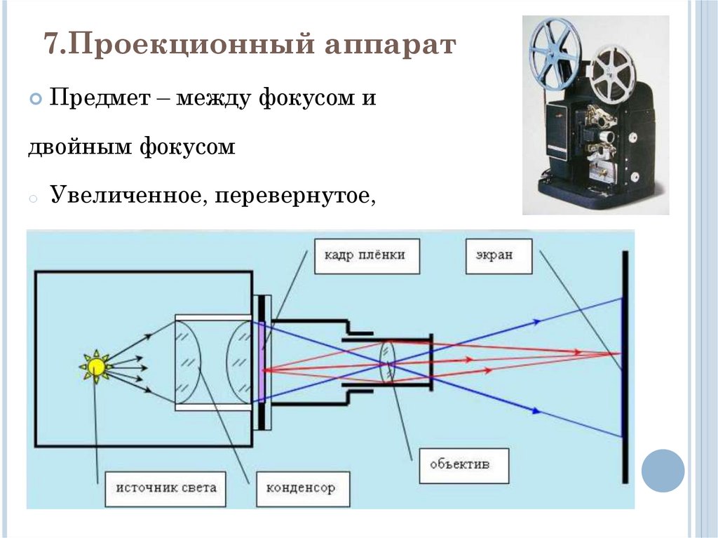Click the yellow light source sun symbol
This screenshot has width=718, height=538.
coord(95,365)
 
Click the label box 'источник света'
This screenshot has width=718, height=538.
coord(165,487)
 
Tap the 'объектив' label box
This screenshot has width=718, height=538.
coord(460,464)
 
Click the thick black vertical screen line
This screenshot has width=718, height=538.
coord(624,365)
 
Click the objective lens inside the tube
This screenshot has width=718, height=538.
coord(388,363)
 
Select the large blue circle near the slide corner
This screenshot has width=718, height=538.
coord(663,470)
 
